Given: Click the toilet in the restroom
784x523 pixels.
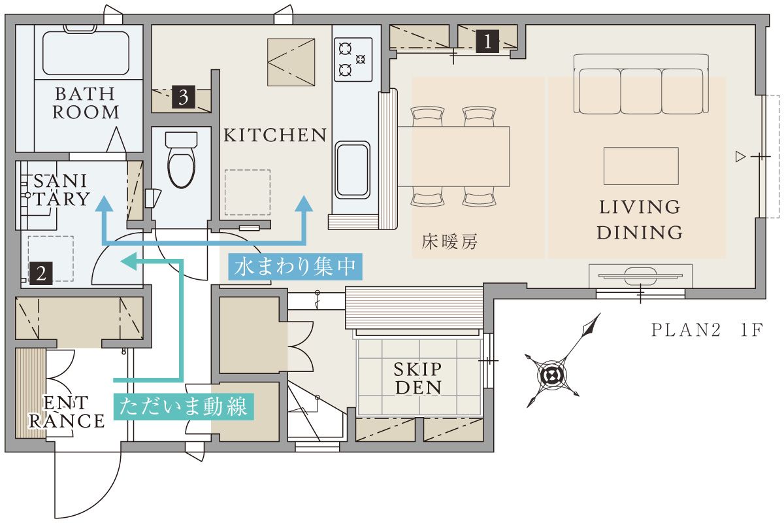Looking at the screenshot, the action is click(181, 160).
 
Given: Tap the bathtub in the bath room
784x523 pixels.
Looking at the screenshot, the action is click(86, 52).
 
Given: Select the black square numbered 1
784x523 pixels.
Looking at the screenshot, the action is click(487, 41).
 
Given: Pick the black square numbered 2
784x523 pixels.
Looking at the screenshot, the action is click(41, 273).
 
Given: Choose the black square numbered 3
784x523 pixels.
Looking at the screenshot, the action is click(184, 97).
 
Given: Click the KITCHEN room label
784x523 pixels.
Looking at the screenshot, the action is click(275, 135).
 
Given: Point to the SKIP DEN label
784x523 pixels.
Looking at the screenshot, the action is click(418, 379).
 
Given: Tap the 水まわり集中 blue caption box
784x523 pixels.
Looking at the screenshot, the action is click(295, 267).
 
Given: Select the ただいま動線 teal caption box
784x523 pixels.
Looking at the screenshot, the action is click(184, 407).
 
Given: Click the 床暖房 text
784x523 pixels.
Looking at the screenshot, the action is click(449, 242).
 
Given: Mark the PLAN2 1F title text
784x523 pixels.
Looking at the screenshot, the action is click(707, 330).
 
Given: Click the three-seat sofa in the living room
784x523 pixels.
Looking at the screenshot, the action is click(641, 84).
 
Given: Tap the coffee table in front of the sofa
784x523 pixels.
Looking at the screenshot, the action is click(641, 166).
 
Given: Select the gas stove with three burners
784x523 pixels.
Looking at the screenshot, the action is click(353, 59).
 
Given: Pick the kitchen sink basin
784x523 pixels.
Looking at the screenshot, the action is click(352, 170).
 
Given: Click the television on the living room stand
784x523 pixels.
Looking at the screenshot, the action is click(640, 277).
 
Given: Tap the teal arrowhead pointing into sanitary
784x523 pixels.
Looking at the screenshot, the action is click(128, 261).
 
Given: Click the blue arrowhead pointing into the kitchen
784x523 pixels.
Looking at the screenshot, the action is click(303, 203).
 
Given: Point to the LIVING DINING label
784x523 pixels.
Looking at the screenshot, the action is click(640, 220).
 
